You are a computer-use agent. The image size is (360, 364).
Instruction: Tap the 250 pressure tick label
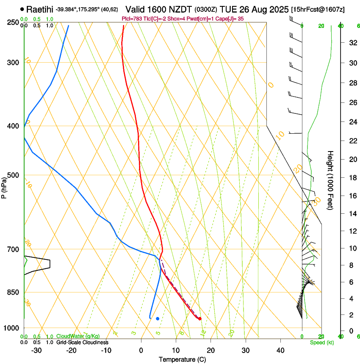13,22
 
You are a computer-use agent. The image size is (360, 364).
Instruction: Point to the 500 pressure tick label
13,175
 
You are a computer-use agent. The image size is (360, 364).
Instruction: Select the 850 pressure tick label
13,292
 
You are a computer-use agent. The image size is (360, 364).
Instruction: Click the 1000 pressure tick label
11,328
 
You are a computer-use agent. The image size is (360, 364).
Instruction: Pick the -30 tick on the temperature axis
36,350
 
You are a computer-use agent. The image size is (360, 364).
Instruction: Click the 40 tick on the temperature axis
280,350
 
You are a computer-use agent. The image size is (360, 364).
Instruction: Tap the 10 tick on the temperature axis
176,350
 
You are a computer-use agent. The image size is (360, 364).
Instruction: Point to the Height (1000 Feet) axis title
331,180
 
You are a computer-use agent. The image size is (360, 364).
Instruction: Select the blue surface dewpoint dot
158,318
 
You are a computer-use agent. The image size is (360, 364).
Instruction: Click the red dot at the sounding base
199,319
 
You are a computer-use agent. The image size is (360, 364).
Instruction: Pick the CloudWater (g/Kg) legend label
78,336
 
